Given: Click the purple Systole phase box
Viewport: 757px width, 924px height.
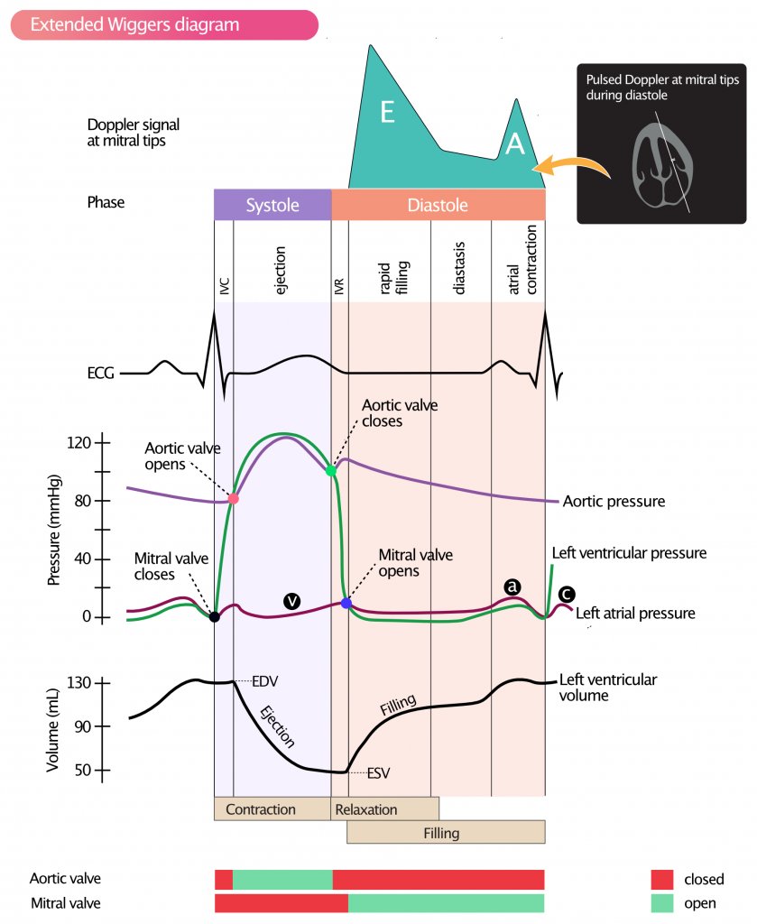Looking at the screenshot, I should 272,205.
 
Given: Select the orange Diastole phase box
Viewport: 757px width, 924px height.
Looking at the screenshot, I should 438,205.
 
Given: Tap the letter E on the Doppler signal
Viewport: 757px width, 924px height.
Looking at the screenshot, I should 387,112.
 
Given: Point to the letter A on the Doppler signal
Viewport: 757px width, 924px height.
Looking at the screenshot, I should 514,144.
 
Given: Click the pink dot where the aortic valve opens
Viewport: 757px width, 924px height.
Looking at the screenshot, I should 234,498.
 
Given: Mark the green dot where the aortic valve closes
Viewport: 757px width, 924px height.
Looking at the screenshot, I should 331,470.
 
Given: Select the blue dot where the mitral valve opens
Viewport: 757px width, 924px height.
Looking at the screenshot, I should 346,603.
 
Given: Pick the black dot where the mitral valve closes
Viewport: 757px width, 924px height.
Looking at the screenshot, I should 214,617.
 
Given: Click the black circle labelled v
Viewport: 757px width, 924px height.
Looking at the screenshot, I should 291,599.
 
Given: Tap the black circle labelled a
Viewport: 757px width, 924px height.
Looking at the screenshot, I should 512,587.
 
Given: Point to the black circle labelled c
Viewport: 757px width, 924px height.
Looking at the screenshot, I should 566,594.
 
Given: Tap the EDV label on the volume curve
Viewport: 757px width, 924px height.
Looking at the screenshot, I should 264,681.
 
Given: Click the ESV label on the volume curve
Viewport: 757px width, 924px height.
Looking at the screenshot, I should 378,772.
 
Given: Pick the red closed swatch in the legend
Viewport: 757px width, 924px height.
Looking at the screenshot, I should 662,879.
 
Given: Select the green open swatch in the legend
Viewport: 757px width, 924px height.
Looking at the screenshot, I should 662,902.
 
